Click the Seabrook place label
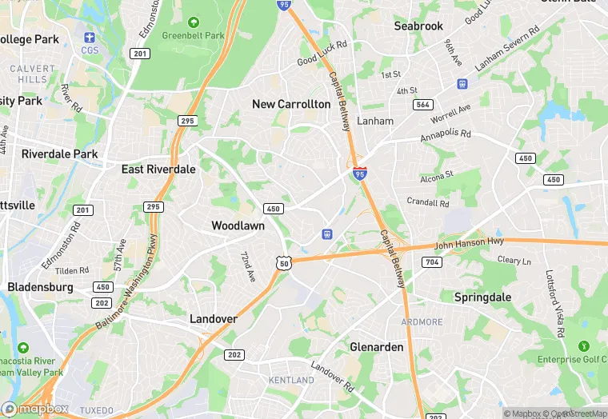pos(418,26)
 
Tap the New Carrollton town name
pos(291,104)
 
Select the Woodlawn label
pos(238,226)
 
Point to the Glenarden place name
pos(377,347)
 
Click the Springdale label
pos(482,297)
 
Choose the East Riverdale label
pos(158,170)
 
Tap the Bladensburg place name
pos(40,287)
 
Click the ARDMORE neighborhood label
pos(421,322)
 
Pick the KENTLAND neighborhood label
pos(291,380)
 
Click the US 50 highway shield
pos(283,261)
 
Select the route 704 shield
pos(431,262)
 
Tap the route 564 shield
pos(423,105)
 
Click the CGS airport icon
pos(89,38)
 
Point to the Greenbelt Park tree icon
pos(193,22)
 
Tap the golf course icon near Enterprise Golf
pos(582,346)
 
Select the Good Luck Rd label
pos(322,54)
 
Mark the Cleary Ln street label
pos(514,261)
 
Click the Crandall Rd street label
pos(427,202)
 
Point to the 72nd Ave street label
pos(248,265)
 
